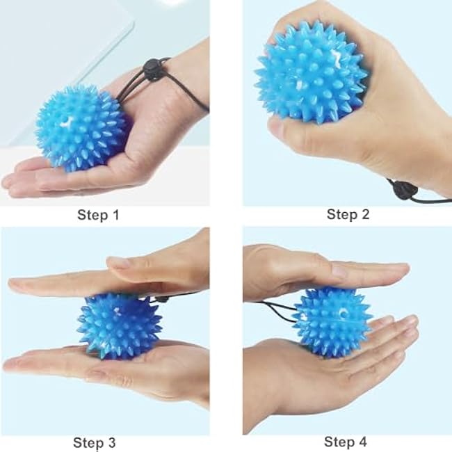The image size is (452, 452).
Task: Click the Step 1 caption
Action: coord(97,216)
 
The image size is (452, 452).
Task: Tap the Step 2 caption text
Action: coord(347,214)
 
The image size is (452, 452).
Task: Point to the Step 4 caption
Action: coord(346,442)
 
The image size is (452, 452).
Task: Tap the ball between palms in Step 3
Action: coord(118,325)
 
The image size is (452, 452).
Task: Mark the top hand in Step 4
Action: coord(320,268)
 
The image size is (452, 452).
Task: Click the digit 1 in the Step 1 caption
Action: coord(115,216)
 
